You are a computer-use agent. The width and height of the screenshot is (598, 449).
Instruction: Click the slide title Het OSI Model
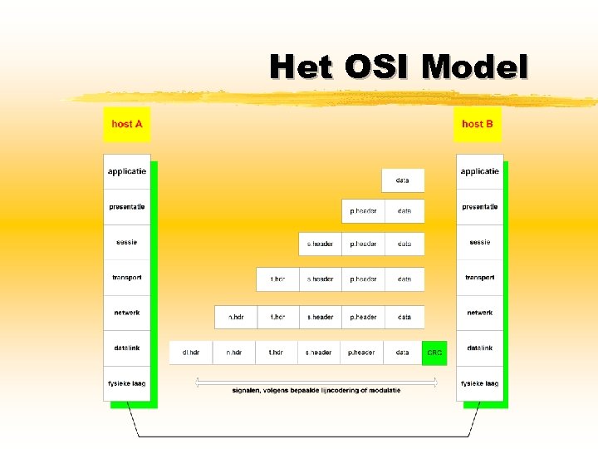(x=399, y=67)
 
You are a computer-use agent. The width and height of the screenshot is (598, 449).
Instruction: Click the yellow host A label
(x=127, y=124)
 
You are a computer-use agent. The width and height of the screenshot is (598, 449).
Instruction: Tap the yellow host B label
(x=478, y=124)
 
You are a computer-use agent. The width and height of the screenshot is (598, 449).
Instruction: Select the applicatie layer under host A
(x=127, y=171)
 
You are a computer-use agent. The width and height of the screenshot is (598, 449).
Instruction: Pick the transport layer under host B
(x=479, y=278)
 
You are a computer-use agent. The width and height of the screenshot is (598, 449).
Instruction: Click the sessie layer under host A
(x=127, y=242)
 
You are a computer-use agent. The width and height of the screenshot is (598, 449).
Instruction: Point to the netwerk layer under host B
(x=479, y=313)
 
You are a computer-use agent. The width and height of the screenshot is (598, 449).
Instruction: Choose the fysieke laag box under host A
(x=127, y=383)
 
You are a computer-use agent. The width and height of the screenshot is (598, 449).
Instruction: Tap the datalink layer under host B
(x=479, y=348)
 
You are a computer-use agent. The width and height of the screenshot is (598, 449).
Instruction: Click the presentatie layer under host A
(x=127, y=206)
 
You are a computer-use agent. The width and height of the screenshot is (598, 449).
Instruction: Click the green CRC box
(x=434, y=353)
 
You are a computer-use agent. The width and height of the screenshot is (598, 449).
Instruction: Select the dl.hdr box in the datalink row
(x=191, y=353)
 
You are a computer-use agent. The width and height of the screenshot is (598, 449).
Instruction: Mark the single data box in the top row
(x=403, y=180)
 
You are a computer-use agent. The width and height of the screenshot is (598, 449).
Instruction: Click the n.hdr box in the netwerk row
(x=236, y=317)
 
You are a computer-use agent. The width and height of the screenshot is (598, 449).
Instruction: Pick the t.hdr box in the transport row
(x=277, y=279)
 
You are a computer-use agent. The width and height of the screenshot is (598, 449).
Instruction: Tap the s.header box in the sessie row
(x=320, y=244)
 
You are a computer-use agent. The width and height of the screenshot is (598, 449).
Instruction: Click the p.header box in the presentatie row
(x=363, y=211)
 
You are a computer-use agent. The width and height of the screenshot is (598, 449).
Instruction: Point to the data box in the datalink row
(x=402, y=353)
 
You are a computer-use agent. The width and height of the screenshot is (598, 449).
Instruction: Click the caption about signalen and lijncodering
(x=316, y=391)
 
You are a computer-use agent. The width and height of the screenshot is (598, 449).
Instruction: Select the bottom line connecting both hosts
(x=303, y=436)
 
